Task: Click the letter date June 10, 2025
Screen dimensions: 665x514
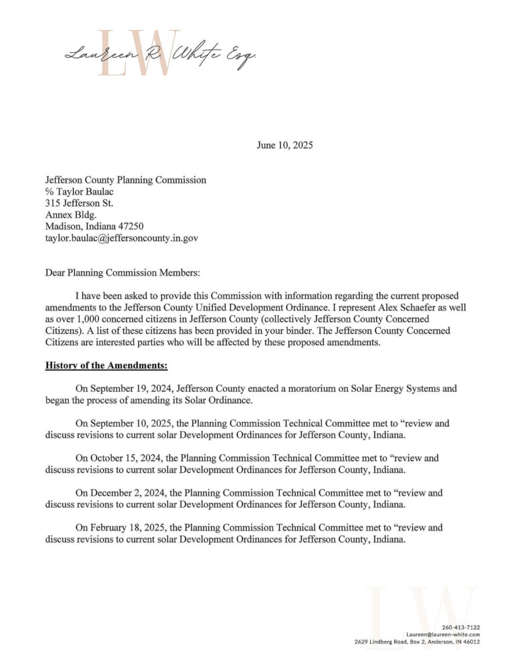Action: click(284, 145)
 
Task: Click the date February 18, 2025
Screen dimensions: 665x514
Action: click(126, 528)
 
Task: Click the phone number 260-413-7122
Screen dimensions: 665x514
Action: click(461, 627)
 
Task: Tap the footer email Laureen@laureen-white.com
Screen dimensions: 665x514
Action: click(443, 634)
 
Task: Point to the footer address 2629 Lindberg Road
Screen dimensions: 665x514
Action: click(387, 642)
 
